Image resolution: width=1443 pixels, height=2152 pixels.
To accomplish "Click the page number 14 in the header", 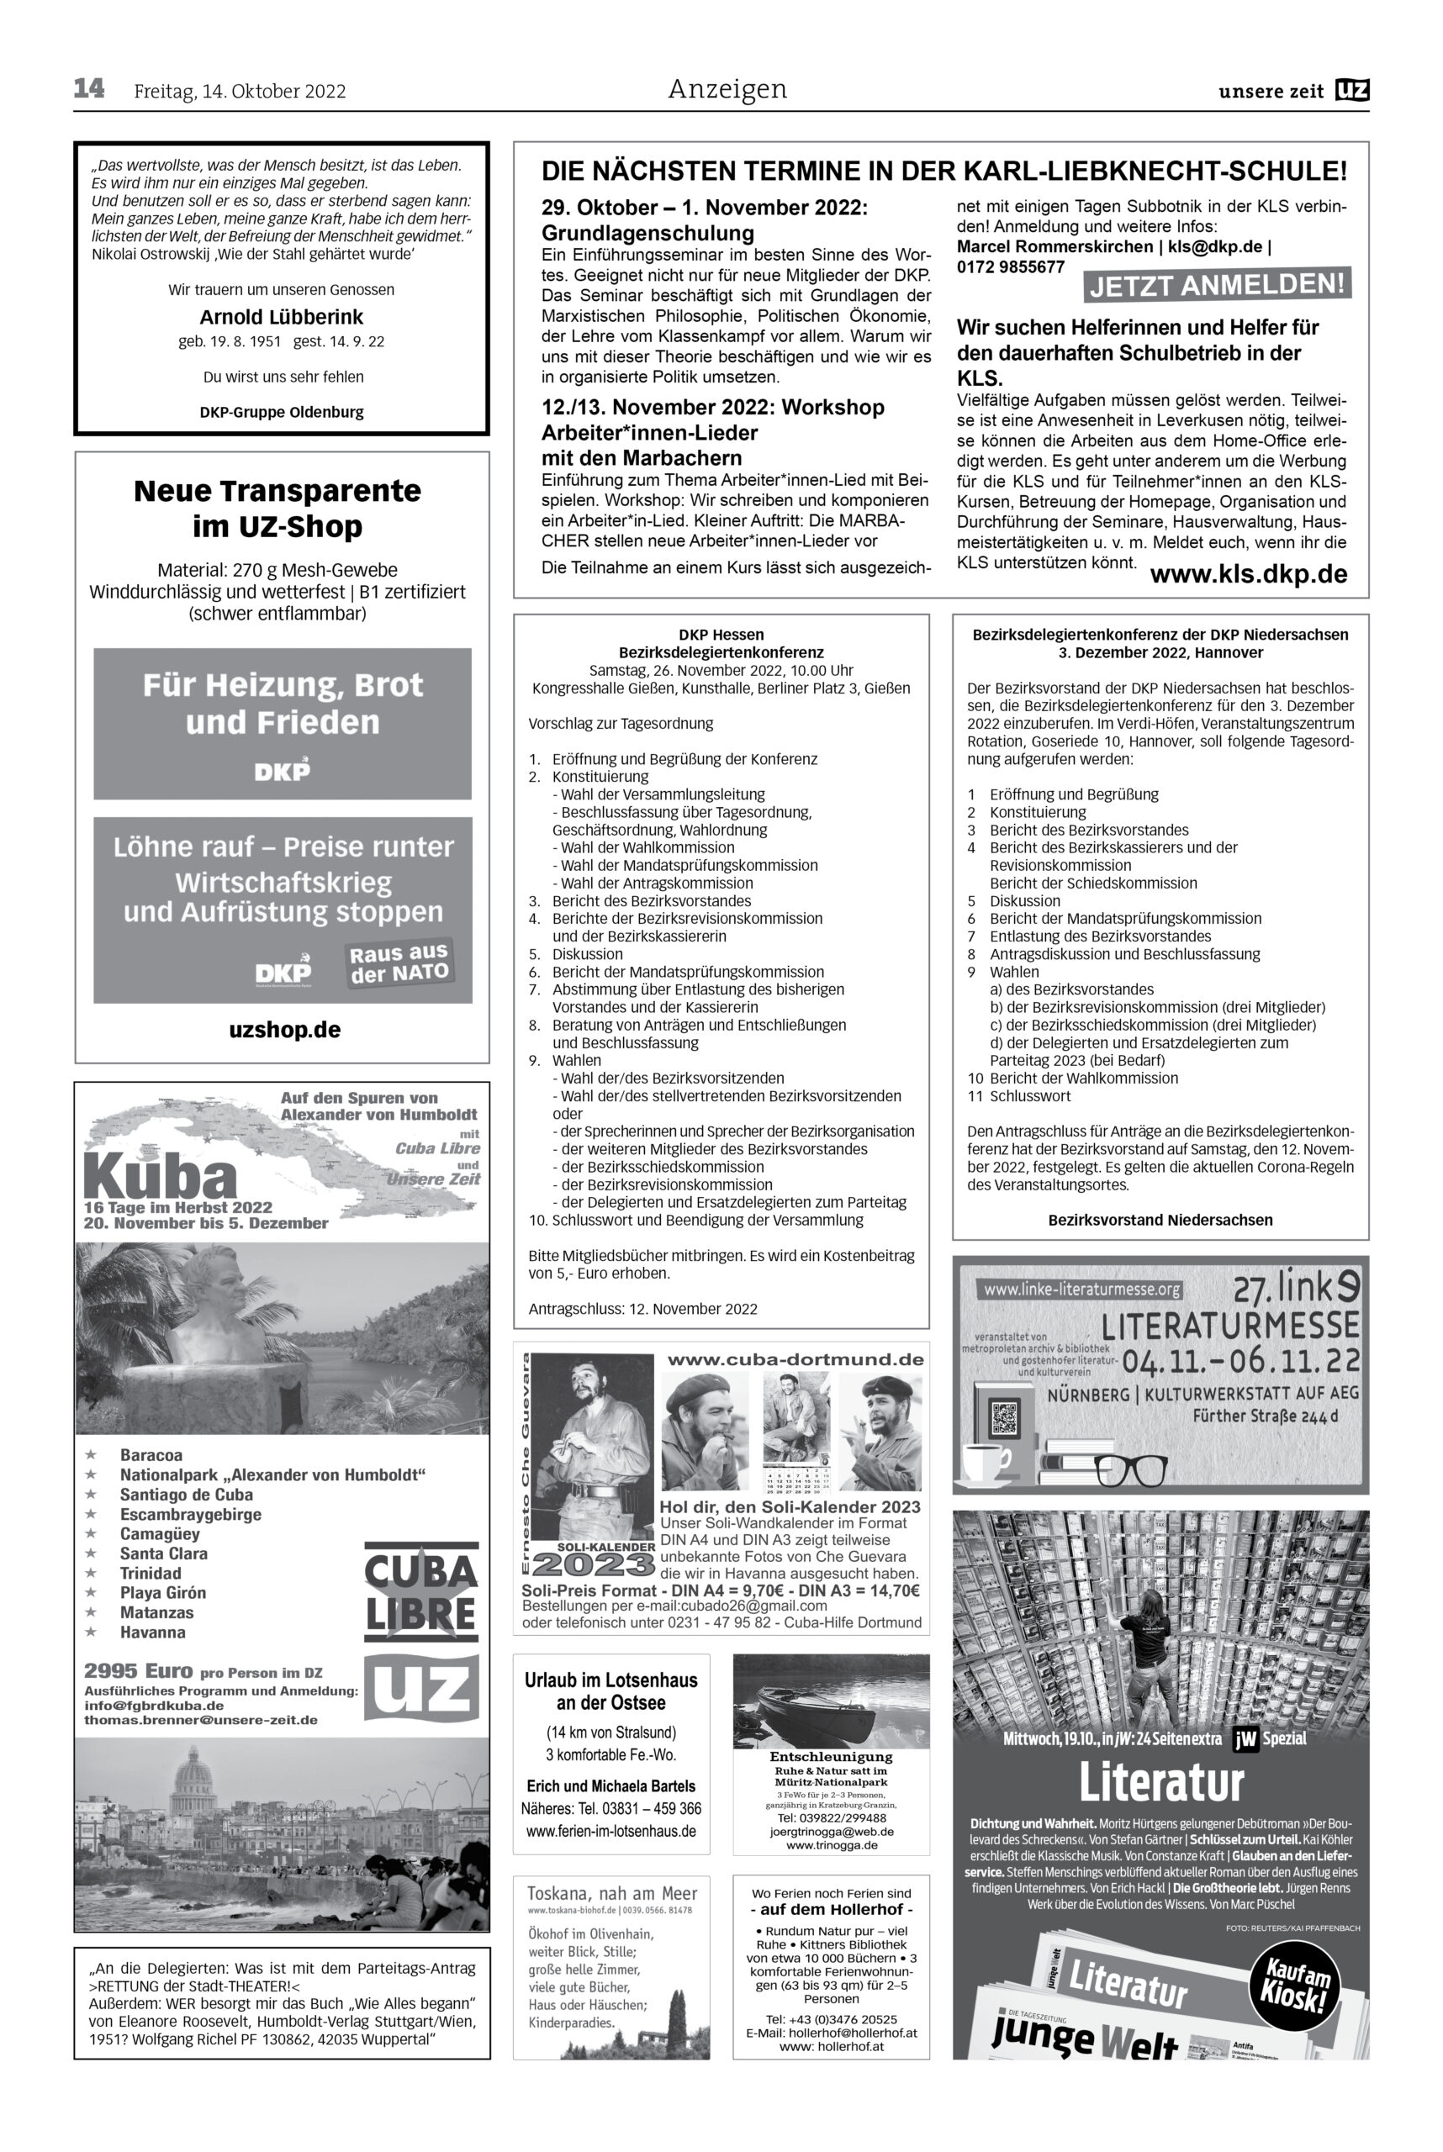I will point(89,89).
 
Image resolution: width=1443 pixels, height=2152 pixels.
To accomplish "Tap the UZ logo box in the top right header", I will point(1352,90).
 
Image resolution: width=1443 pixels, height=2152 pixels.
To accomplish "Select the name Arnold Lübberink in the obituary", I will point(282,318).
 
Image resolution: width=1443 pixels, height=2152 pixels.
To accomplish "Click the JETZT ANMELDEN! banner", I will point(1217,285).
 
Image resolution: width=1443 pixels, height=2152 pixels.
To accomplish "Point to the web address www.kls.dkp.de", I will point(1248,575).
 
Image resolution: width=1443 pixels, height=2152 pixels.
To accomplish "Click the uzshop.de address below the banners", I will point(284,1030).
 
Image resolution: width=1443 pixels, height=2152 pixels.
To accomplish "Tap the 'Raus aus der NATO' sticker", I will point(399,963).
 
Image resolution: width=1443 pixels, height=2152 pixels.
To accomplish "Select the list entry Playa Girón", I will point(163,1593).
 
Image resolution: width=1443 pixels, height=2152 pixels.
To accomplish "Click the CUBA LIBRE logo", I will point(421,1593).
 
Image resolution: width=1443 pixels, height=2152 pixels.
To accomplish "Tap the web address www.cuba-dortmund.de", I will point(795,1359).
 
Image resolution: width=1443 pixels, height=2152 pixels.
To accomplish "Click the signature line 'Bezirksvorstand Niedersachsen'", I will point(1160,1220).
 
